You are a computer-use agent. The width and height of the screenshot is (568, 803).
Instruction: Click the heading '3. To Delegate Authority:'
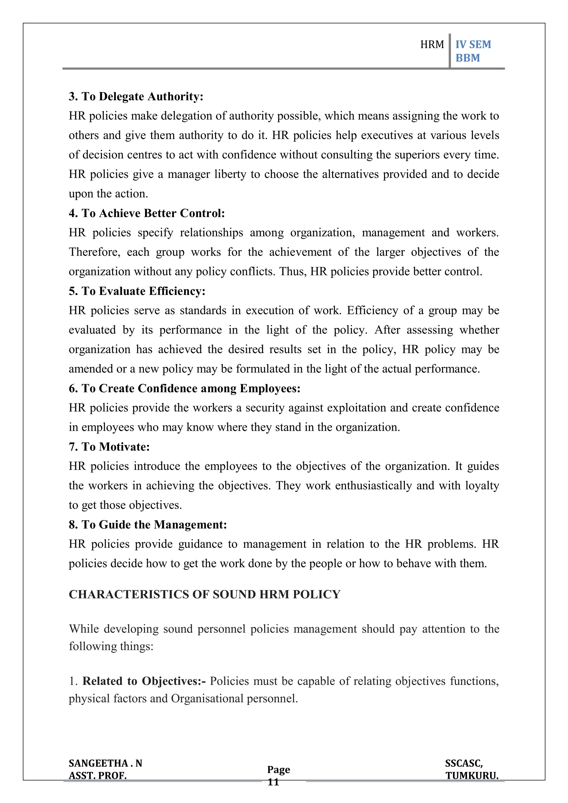coord(136,96)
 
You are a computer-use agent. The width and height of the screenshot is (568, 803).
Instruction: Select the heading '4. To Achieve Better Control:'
coord(147,213)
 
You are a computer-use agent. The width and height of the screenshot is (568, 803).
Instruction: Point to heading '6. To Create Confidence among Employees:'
coord(184,389)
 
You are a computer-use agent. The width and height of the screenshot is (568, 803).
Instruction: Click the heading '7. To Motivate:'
coord(109,447)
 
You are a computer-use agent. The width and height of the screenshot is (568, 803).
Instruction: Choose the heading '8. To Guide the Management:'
coord(148,525)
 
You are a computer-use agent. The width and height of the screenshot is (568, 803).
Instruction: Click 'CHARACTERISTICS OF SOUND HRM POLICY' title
coord(204,595)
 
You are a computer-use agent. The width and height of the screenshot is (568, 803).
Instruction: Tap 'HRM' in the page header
coord(432,45)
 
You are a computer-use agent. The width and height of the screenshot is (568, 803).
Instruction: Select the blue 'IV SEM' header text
coord(473,45)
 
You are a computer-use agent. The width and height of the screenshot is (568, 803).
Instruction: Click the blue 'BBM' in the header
coord(468,58)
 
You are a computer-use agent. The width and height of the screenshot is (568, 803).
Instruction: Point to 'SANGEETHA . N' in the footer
coord(105,763)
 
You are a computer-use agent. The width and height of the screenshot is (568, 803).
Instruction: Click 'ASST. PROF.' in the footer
coord(98,776)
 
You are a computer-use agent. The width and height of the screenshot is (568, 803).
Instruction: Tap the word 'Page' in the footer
coord(278,769)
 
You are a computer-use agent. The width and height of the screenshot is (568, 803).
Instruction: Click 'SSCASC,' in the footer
coord(464,763)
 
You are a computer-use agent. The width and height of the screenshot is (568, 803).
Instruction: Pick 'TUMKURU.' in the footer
coord(472,776)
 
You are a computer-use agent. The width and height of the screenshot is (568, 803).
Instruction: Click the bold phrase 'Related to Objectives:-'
coord(144,681)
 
